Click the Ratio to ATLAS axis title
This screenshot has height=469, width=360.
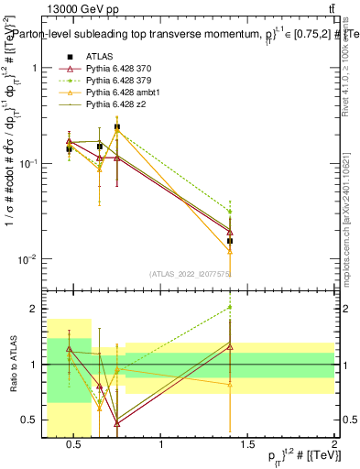12,365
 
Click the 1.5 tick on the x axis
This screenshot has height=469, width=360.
248,445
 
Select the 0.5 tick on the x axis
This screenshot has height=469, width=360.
76,445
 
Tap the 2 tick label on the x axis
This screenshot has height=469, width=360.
334,445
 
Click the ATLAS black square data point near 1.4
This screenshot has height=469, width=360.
230,241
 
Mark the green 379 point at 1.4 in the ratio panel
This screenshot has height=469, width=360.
230,307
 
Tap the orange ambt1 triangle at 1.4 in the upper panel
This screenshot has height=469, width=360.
230,250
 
